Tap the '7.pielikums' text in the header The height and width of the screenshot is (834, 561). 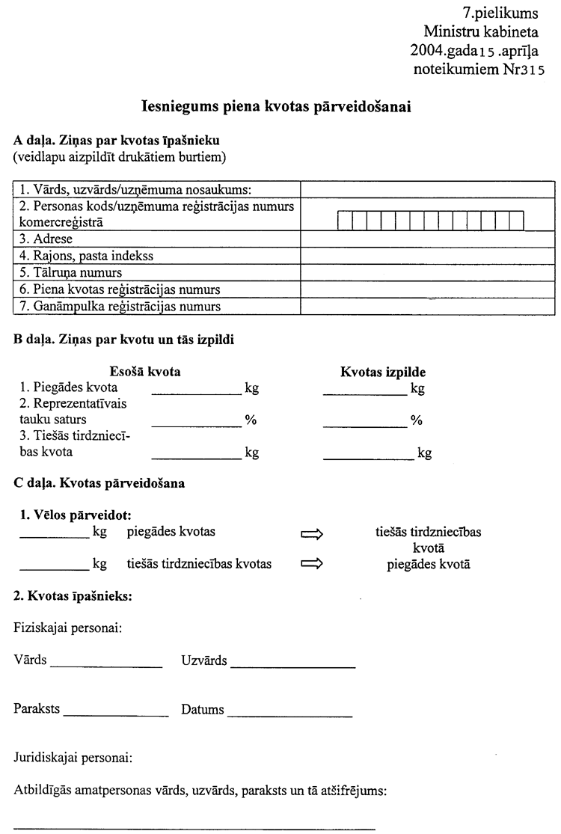pyautogui.click(x=505, y=13)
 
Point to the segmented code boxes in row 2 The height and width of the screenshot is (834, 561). pyautogui.click(x=430, y=221)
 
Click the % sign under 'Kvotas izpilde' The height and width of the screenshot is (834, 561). pyautogui.click(x=417, y=421)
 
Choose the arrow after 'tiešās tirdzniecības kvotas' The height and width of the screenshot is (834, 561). pyautogui.click(x=310, y=565)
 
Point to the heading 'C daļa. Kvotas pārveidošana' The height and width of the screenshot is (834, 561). pyautogui.click(x=99, y=483)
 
